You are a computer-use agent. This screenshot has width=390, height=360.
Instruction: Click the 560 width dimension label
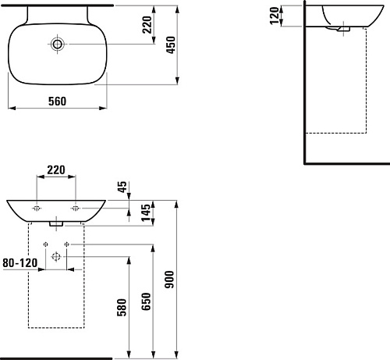click(x=57, y=101)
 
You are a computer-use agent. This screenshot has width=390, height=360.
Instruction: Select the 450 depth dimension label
click(x=171, y=45)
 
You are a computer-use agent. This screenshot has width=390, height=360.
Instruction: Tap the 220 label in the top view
click(x=147, y=24)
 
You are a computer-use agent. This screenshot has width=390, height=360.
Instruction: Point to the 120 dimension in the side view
click(x=275, y=16)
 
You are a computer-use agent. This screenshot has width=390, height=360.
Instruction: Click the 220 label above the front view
click(x=56, y=170)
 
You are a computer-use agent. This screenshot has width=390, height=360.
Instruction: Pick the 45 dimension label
click(x=122, y=187)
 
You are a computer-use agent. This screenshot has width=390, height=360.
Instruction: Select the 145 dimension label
click(x=146, y=212)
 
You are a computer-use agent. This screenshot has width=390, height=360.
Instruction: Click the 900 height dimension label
click(x=169, y=280)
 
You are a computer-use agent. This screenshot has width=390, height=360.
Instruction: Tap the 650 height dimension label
click(x=146, y=301)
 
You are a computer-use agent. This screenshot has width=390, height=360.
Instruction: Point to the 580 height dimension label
click(x=122, y=308)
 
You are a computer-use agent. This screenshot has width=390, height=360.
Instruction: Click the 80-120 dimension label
click(x=20, y=263)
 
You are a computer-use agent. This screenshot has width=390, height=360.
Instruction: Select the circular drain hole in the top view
click(x=57, y=45)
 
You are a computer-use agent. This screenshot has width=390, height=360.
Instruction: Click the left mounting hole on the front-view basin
click(x=37, y=209)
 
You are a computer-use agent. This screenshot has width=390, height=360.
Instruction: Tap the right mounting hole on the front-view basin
click(x=76, y=209)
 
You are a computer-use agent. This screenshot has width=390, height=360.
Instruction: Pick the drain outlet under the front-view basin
click(x=56, y=224)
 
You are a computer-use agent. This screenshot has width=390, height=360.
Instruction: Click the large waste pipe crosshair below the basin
click(x=56, y=257)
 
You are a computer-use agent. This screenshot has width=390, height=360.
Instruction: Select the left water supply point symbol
click(x=45, y=244)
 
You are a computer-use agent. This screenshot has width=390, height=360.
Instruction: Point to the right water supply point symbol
click(x=67, y=244)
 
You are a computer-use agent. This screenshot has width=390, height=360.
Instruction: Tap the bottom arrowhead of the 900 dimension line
click(x=177, y=355)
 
